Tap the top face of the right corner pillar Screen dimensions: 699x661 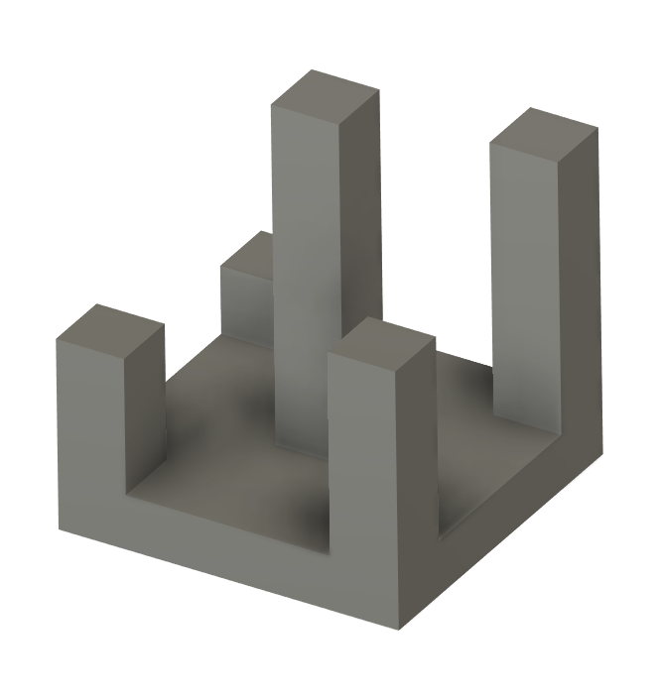(x=544, y=136)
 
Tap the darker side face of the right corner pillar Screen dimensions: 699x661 (x=578, y=288)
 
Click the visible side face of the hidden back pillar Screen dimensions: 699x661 (x=246, y=307)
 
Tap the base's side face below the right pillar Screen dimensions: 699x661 (x=516, y=525)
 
